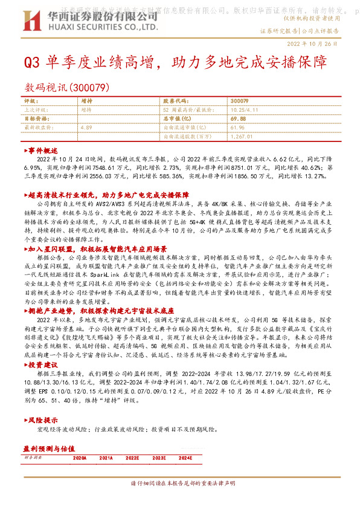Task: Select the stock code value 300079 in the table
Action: pyautogui.click(x=239, y=101)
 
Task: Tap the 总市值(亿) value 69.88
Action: pyautogui.click(x=239, y=119)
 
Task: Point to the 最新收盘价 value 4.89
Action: pyautogui.click(x=86, y=128)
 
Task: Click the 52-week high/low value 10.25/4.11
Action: pyautogui.click(x=244, y=110)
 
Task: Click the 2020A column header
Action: pyautogui.click(x=79, y=459)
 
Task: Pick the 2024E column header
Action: pyautogui.click(x=185, y=459)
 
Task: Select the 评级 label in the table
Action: pyautogui.click(x=30, y=101)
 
